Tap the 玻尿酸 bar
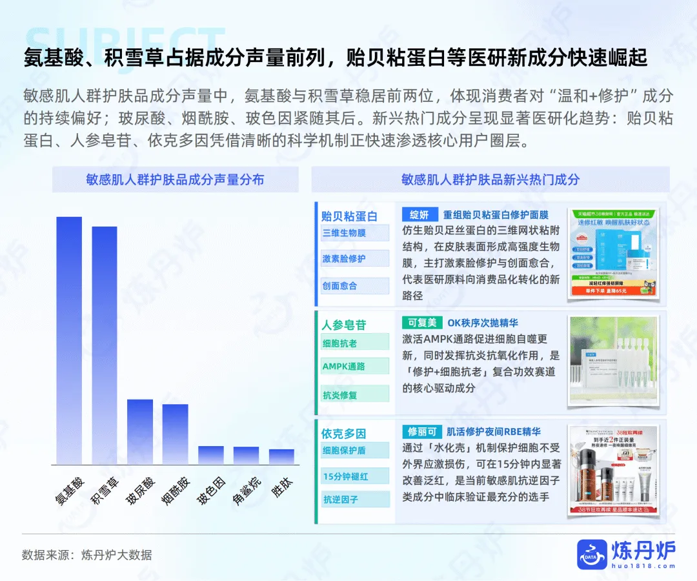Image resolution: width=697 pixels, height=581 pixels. coord(140,432)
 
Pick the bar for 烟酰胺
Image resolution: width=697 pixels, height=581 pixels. coord(175,434)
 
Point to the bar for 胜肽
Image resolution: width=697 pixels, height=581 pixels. coord(281,456)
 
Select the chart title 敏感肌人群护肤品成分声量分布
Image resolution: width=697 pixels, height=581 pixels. coord(175,179)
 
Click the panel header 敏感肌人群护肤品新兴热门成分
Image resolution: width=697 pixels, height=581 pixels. coord(490,179)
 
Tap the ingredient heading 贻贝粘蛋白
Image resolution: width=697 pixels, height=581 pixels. coord(349,216)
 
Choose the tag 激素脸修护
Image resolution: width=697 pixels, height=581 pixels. coord(344,258)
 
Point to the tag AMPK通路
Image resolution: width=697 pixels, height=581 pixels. coord(344,366)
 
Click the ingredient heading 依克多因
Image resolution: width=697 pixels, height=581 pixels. coord(344,433)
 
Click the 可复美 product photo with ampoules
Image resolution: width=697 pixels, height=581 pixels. coord(613,360)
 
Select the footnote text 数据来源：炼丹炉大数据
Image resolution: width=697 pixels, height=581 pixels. coord(87,555)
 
